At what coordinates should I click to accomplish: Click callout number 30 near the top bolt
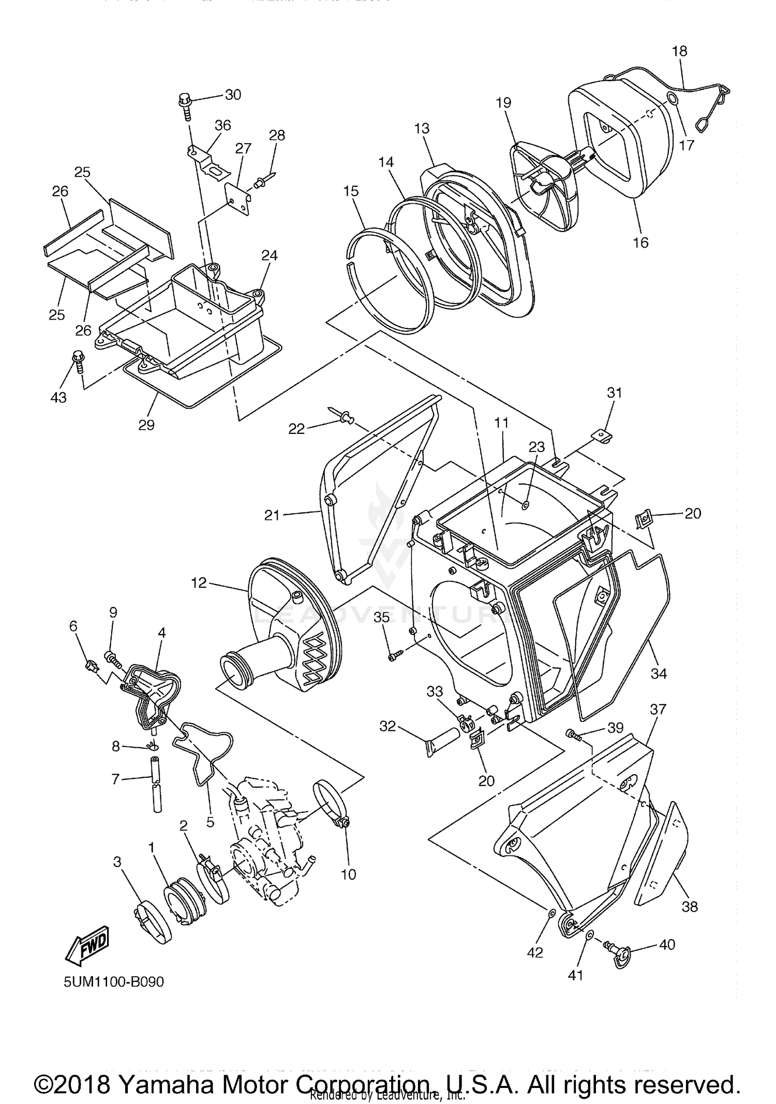[x=233, y=95]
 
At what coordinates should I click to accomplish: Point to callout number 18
[x=679, y=51]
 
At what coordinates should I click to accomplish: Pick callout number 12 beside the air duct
[x=199, y=583]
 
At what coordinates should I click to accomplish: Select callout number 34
[x=659, y=673]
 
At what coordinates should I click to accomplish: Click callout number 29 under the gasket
[x=146, y=425]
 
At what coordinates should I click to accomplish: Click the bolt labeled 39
[x=573, y=733]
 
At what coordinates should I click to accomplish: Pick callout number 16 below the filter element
[x=640, y=242]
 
